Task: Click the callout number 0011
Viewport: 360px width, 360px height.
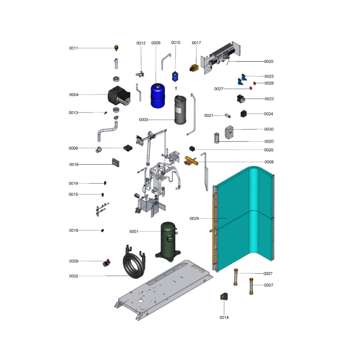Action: pyautogui.click(x=73, y=48)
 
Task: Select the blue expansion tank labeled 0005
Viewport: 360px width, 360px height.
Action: pyautogui.click(x=157, y=96)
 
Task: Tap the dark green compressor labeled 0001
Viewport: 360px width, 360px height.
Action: pyautogui.click(x=168, y=242)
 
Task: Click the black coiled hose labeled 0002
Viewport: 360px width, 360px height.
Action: pyautogui.click(x=135, y=262)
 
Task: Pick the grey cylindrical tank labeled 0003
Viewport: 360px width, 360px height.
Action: pyautogui.click(x=180, y=110)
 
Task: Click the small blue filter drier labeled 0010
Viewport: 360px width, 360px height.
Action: pyautogui.click(x=175, y=76)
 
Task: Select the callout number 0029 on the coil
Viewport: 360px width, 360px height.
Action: pyautogui.click(x=194, y=219)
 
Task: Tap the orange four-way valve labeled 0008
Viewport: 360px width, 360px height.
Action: pyautogui.click(x=191, y=161)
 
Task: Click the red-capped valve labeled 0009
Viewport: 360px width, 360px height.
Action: pyautogui.click(x=107, y=263)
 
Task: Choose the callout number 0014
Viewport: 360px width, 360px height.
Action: pyautogui.click(x=224, y=318)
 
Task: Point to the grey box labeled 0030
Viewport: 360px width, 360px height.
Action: pyautogui.click(x=229, y=132)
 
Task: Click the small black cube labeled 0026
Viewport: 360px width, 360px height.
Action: pyautogui.click(x=192, y=148)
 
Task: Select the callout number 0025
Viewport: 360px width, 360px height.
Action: pyautogui.click(x=269, y=62)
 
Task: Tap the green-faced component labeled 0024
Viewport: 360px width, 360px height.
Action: pyautogui.click(x=243, y=114)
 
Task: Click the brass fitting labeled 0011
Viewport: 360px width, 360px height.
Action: pyautogui.click(x=117, y=48)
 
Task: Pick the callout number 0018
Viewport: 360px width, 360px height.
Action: pyautogui.click(x=74, y=165)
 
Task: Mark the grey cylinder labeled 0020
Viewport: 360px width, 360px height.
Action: pyautogui.click(x=217, y=138)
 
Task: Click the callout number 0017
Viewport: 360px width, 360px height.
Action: pyautogui.click(x=196, y=43)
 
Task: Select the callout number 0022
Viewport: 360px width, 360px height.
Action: pyautogui.click(x=269, y=99)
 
